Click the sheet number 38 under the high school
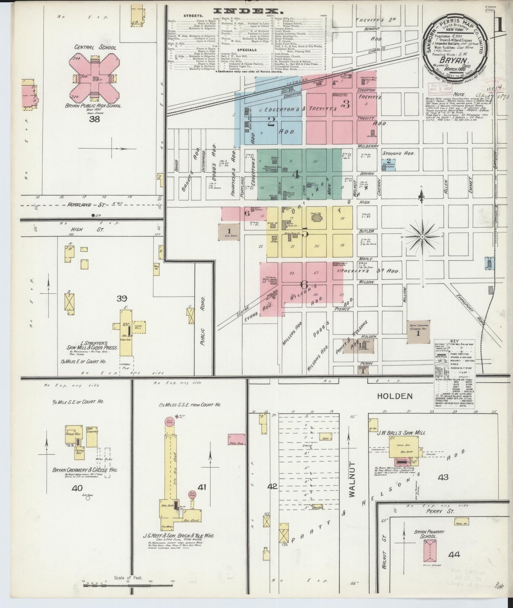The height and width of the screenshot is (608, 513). point(94,119)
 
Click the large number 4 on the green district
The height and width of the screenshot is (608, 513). point(295,175)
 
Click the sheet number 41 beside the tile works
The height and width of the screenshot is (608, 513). point(202,487)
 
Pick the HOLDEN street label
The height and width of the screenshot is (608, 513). point(394,396)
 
